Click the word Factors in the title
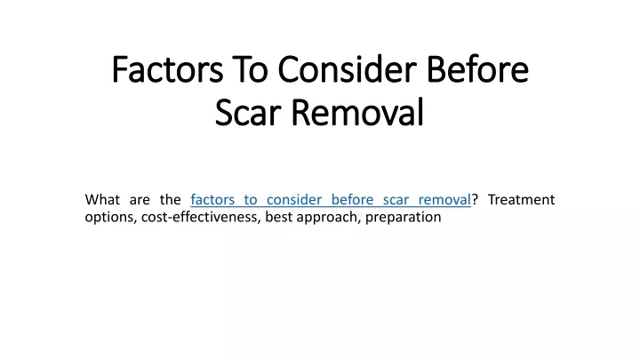point(167,69)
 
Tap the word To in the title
point(250,69)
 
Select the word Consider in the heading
point(347,69)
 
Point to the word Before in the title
point(477,69)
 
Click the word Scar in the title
point(248,112)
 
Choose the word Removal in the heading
point(357,111)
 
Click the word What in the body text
point(102,200)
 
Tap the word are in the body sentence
point(140,201)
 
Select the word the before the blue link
point(170,200)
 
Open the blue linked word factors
point(212,200)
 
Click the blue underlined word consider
point(294,200)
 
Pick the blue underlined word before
point(352,200)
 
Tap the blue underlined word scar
point(396,201)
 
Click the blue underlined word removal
point(444,200)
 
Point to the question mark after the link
point(475,200)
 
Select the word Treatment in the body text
point(521,200)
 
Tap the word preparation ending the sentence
point(404,218)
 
